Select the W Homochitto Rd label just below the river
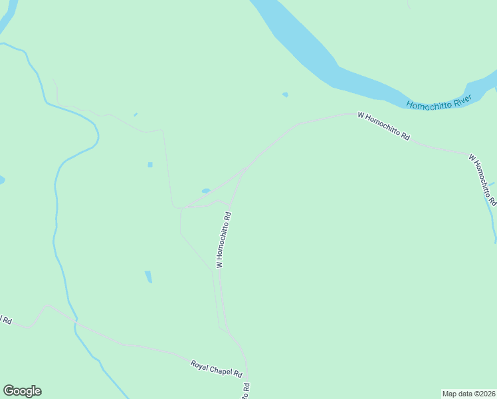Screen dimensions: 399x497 click(x=383, y=126)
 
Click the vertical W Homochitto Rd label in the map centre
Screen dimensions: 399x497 click(x=223, y=239)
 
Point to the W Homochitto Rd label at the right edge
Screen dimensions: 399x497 click(x=482, y=180)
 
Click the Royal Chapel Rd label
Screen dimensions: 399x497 click(x=217, y=368)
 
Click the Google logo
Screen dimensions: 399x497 click(x=22, y=391)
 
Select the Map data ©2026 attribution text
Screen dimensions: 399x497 click(x=469, y=393)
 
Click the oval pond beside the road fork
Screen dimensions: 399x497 click(x=206, y=191)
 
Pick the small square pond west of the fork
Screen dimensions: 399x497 click(x=150, y=165)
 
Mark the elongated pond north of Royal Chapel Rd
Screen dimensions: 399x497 click(x=148, y=277)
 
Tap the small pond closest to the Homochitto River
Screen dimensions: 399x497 click(x=285, y=94)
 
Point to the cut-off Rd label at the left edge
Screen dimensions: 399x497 click(x=6, y=320)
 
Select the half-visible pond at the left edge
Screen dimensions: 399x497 click(x=2, y=180)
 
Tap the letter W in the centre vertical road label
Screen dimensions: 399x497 click(x=219, y=264)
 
